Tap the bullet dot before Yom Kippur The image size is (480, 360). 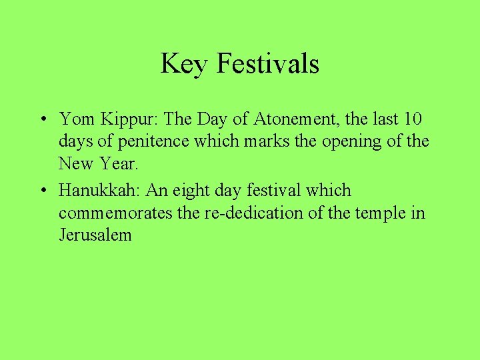point(42,120)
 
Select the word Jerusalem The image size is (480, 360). point(95,235)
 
